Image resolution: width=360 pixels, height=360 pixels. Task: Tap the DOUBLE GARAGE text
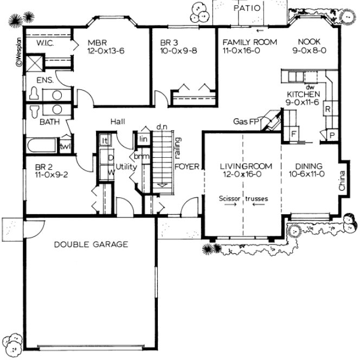point(91,245)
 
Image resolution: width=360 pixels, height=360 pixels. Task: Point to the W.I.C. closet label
point(44,42)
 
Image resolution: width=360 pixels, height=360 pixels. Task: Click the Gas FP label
point(246,121)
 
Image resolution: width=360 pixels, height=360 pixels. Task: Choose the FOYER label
point(187,166)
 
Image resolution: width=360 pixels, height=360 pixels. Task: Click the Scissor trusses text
point(243,198)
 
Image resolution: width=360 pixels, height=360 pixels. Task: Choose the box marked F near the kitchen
point(293,132)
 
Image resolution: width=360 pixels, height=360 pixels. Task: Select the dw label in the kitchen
point(310,86)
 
